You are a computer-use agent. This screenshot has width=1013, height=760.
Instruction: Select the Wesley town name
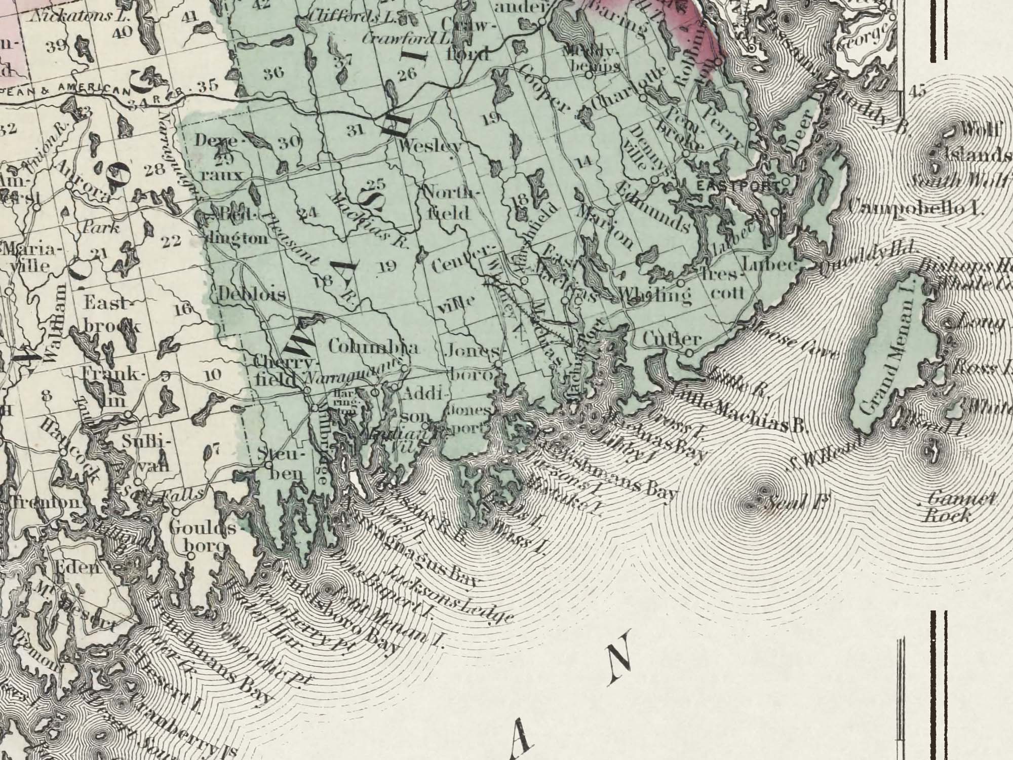click(430, 146)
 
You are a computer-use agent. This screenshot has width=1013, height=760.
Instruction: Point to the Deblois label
click(252, 294)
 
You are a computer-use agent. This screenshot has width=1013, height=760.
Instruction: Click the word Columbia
click(373, 348)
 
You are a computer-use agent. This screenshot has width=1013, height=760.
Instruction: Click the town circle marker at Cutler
click(689, 353)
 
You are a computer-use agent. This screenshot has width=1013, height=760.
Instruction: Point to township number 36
click(274, 73)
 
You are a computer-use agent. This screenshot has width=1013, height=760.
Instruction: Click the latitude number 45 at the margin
click(917, 92)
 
